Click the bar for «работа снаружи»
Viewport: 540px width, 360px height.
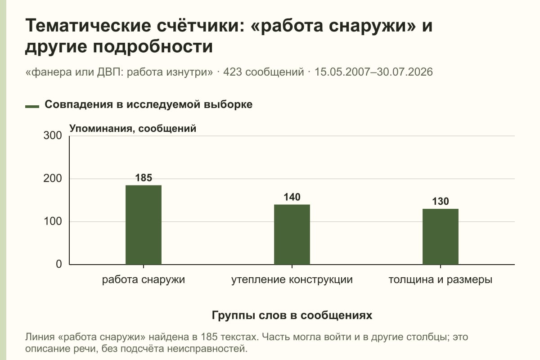point(144,225)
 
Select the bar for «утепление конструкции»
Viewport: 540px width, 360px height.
point(292,234)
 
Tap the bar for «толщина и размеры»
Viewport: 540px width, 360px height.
point(441,237)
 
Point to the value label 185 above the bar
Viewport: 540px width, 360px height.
point(144,178)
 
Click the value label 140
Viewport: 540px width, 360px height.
point(292,197)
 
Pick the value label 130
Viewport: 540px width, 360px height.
point(441,201)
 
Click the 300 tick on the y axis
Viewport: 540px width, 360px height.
point(53,135)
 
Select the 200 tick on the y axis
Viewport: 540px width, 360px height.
point(53,179)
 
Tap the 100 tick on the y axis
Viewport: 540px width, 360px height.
point(53,221)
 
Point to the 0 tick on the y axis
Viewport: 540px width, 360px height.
point(59,264)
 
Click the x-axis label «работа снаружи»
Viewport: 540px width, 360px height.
point(144,280)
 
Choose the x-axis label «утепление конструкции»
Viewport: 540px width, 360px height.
point(292,280)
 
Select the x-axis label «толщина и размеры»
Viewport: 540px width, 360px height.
point(441,280)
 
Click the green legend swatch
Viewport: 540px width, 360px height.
point(32,106)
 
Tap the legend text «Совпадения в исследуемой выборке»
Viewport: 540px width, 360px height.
point(148,104)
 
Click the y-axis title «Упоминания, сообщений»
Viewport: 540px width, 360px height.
point(133,129)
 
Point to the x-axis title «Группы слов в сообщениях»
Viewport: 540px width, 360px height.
point(292,315)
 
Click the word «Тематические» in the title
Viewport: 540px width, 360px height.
point(88,26)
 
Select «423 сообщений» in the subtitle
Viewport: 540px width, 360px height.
point(264,72)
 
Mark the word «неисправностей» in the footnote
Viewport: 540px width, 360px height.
point(207,349)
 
